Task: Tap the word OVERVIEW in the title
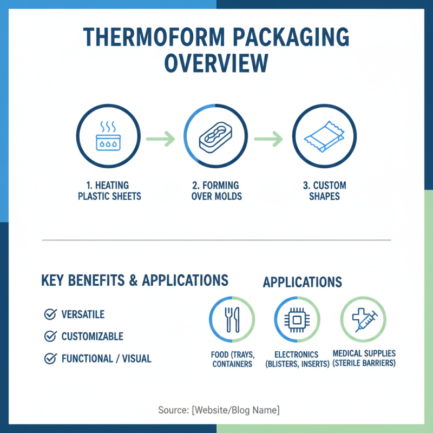216,63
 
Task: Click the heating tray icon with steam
108,137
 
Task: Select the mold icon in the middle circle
216,137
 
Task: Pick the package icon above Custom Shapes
324,137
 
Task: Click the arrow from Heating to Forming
162,139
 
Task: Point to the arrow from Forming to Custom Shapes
270,139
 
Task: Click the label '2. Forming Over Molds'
216,191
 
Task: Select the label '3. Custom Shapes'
324,191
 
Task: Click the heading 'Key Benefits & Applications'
134,280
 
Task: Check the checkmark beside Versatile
50,314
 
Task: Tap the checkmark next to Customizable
50,337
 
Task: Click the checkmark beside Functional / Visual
50,358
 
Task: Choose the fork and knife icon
232,319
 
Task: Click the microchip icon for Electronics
297,319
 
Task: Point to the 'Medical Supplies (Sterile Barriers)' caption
364,358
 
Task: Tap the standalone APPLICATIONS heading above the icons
302,283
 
